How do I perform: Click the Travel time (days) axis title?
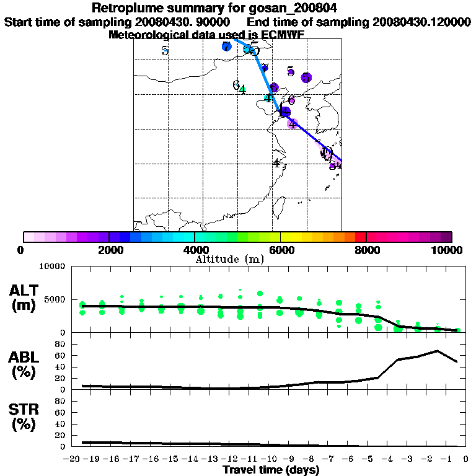[x=271, y=470]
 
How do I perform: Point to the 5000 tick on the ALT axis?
[x=56, y=299]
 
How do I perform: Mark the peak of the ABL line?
[x=437, y=351]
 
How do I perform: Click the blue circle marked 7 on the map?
[x=226, y=46]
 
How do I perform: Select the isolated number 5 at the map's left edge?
[x=165, y=51]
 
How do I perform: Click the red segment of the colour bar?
[x=360, y=237]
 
